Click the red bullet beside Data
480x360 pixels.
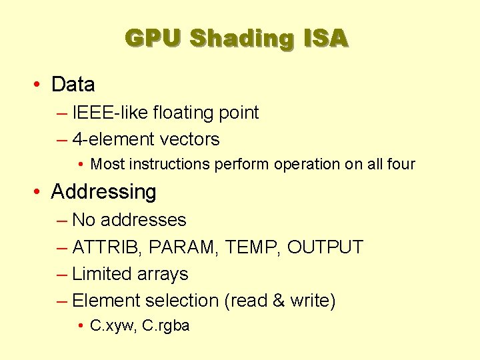(40, 85)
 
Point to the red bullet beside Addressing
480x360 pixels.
(40, 192)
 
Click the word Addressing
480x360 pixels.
(103, 192)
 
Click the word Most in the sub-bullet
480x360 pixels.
(105, 164)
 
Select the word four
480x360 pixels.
(400, 164)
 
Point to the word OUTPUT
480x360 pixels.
(325, 247)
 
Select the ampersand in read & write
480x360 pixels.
(279, 301)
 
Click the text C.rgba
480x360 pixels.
(166, 326)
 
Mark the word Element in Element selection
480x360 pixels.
(106, 301)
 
